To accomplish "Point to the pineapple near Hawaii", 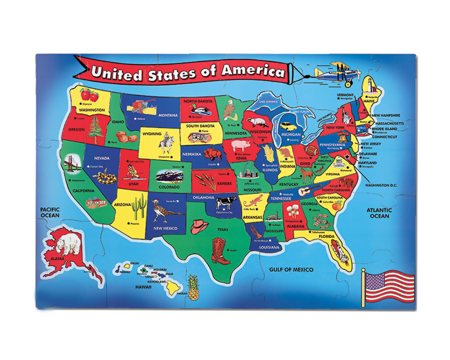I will click(193, 288).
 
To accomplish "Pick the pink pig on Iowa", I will click(240, 146).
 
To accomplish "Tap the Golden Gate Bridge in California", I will click(72, 166).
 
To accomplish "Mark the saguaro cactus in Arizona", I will click(140, 205).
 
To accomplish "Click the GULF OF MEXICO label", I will click(291, 269).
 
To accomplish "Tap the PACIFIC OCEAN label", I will click(50, 212).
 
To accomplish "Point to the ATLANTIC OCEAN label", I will click(380, 213).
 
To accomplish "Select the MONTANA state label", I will click(168, 115).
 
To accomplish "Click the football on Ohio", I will click(312, 151).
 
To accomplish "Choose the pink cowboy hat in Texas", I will click(199, 227).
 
